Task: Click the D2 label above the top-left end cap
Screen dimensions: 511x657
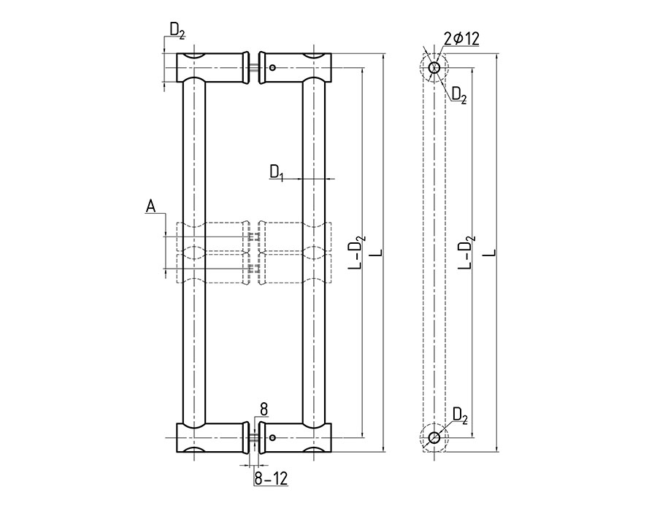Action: pyautogui.click(x=177, y=30)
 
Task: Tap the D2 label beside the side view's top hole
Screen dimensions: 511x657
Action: pyautogui.click(x=459, y=94)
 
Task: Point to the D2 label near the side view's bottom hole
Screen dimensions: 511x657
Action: pyautogui.click(x=460, y=415)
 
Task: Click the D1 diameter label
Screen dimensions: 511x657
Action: pyautogui.click(x=277, y=172)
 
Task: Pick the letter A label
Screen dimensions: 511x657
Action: pyautogui.click(x=151, y=207)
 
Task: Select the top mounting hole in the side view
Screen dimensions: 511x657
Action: pyautogui.click(x=434, y=68)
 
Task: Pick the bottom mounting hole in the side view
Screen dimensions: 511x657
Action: pyautogui.click(x=434, y=438)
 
